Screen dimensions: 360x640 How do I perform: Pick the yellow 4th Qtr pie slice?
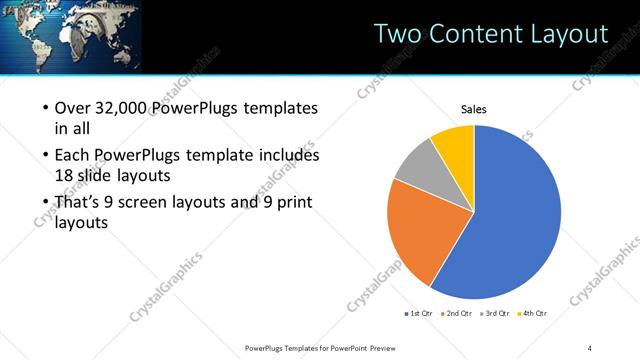tap(455, 143)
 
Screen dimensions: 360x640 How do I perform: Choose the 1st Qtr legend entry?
tap(418, 314)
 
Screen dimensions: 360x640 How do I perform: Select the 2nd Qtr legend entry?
tap(458, 314)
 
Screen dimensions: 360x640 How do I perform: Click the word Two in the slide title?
tap(396, 34)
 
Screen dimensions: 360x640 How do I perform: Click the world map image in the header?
tap(70, 36)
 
